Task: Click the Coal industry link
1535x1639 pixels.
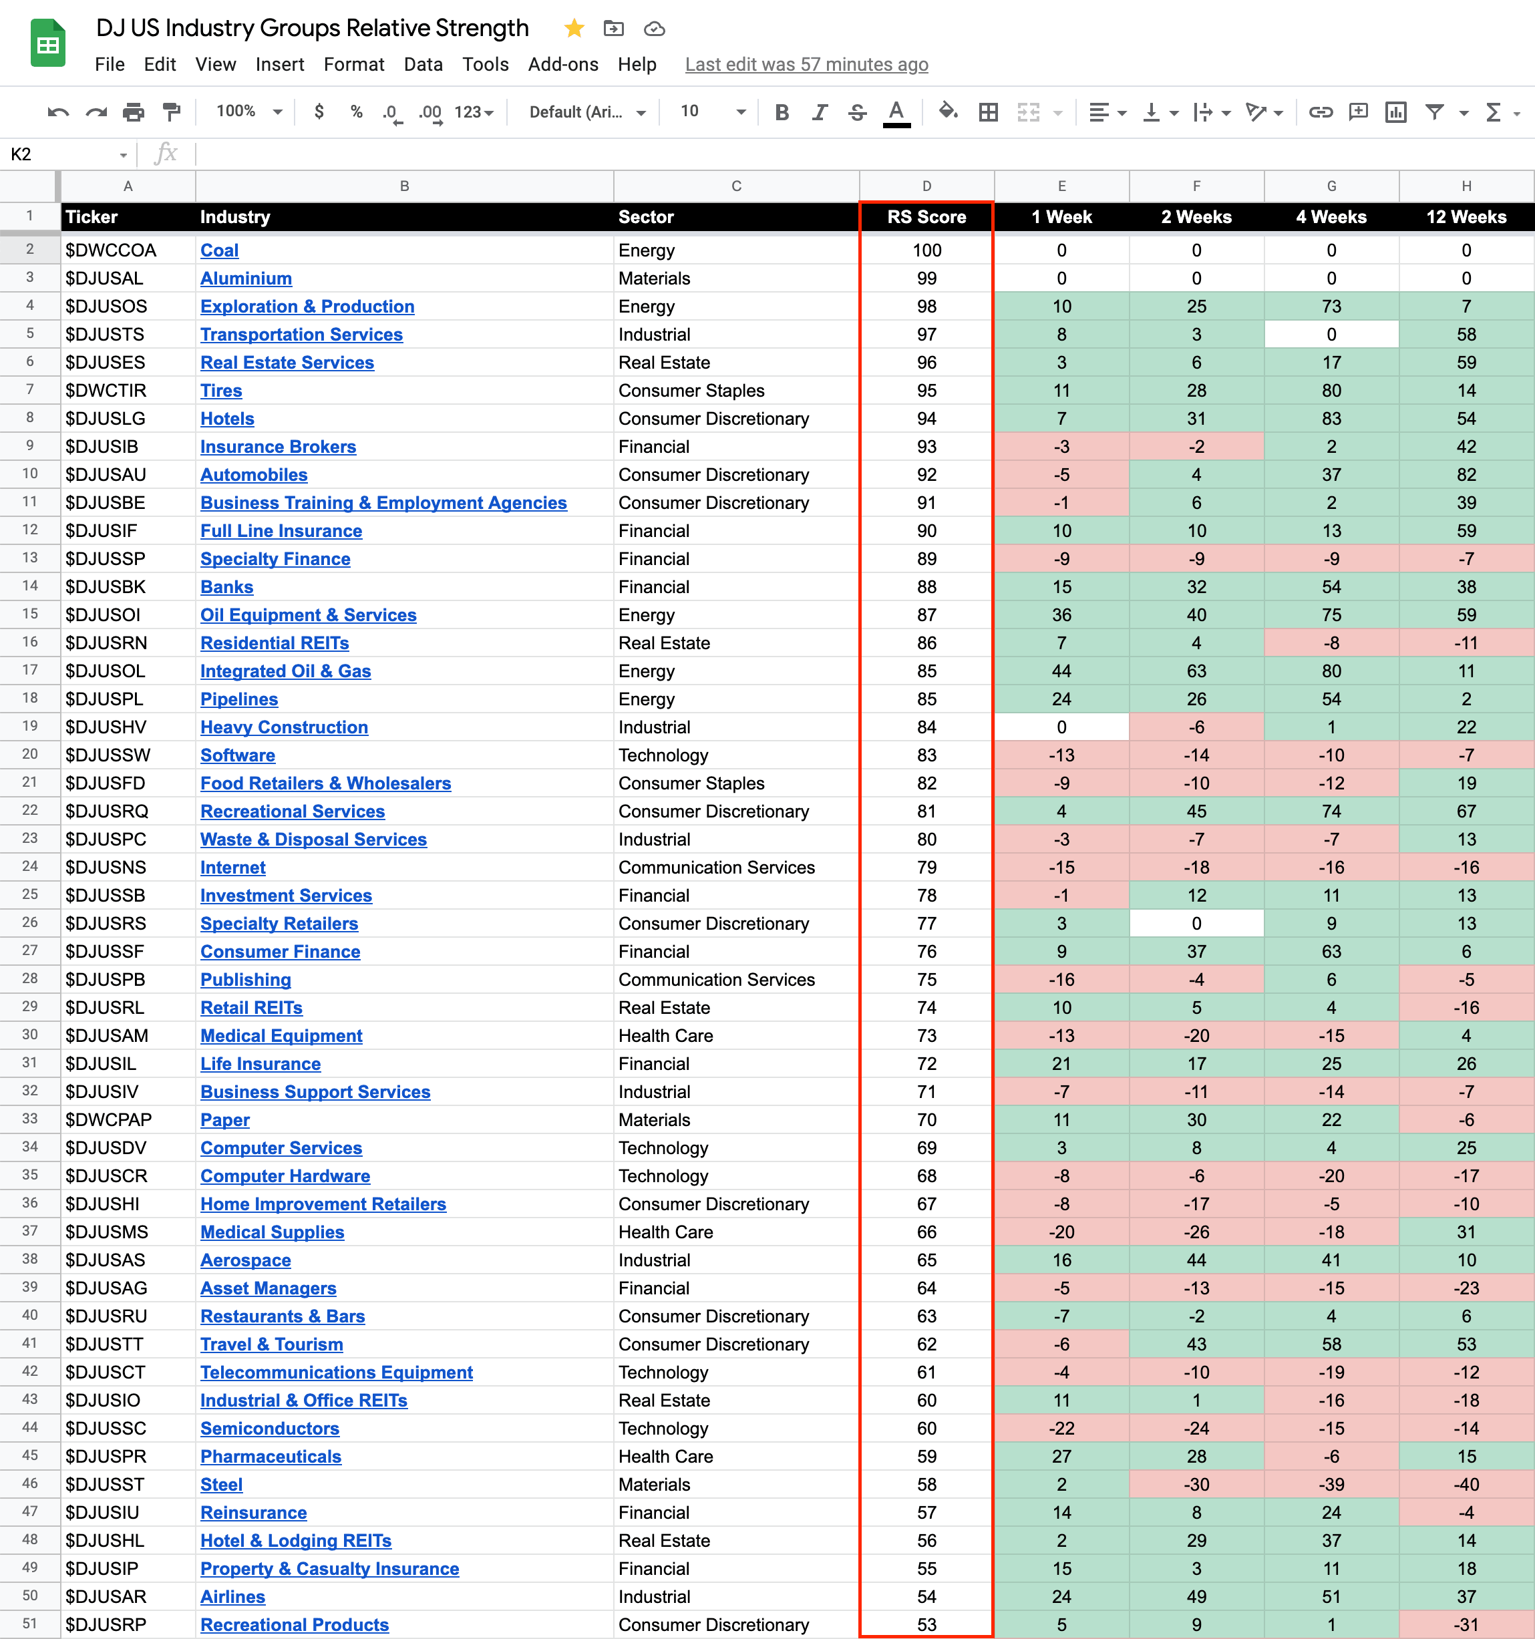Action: tap(219, 250)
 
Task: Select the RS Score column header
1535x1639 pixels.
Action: tap(926, 217)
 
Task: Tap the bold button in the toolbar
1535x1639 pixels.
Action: tap(782, 112)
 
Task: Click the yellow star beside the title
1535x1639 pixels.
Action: tap(574, 29)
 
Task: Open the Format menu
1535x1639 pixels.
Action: tap(353, 64)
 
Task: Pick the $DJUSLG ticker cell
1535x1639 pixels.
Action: tap(106, 419)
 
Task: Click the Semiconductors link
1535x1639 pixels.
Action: tap(270, 1428)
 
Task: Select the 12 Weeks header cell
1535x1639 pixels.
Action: tap(1466, 217)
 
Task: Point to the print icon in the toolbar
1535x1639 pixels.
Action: tap(134, 112)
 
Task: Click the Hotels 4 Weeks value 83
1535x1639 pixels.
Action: tap(1331, 419)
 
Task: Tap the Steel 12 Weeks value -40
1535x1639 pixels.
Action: tap(1466, 1484)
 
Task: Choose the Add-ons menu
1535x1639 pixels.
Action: tap(563, 64)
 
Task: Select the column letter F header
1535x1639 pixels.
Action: tap(1196, 186)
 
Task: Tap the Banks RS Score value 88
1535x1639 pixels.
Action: tap(926, 587)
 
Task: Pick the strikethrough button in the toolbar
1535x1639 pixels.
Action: tap(858, 112)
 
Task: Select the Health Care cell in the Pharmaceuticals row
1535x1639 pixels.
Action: tap(665, 1456)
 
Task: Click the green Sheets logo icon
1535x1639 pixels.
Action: tap(48, 43)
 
